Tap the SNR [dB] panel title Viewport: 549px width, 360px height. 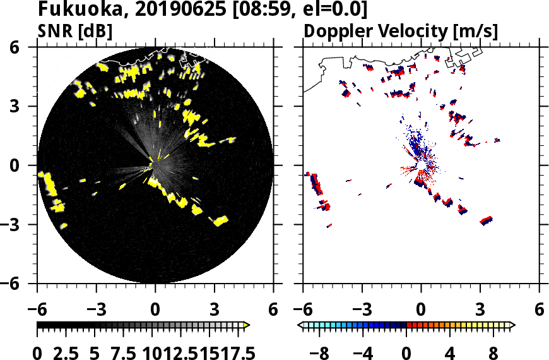75,31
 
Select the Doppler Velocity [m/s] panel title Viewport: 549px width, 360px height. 401,31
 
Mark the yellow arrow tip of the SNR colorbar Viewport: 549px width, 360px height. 247,325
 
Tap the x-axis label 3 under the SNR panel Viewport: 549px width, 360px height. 214,311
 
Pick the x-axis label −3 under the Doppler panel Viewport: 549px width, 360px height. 358,311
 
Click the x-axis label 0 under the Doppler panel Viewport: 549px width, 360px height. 421,311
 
